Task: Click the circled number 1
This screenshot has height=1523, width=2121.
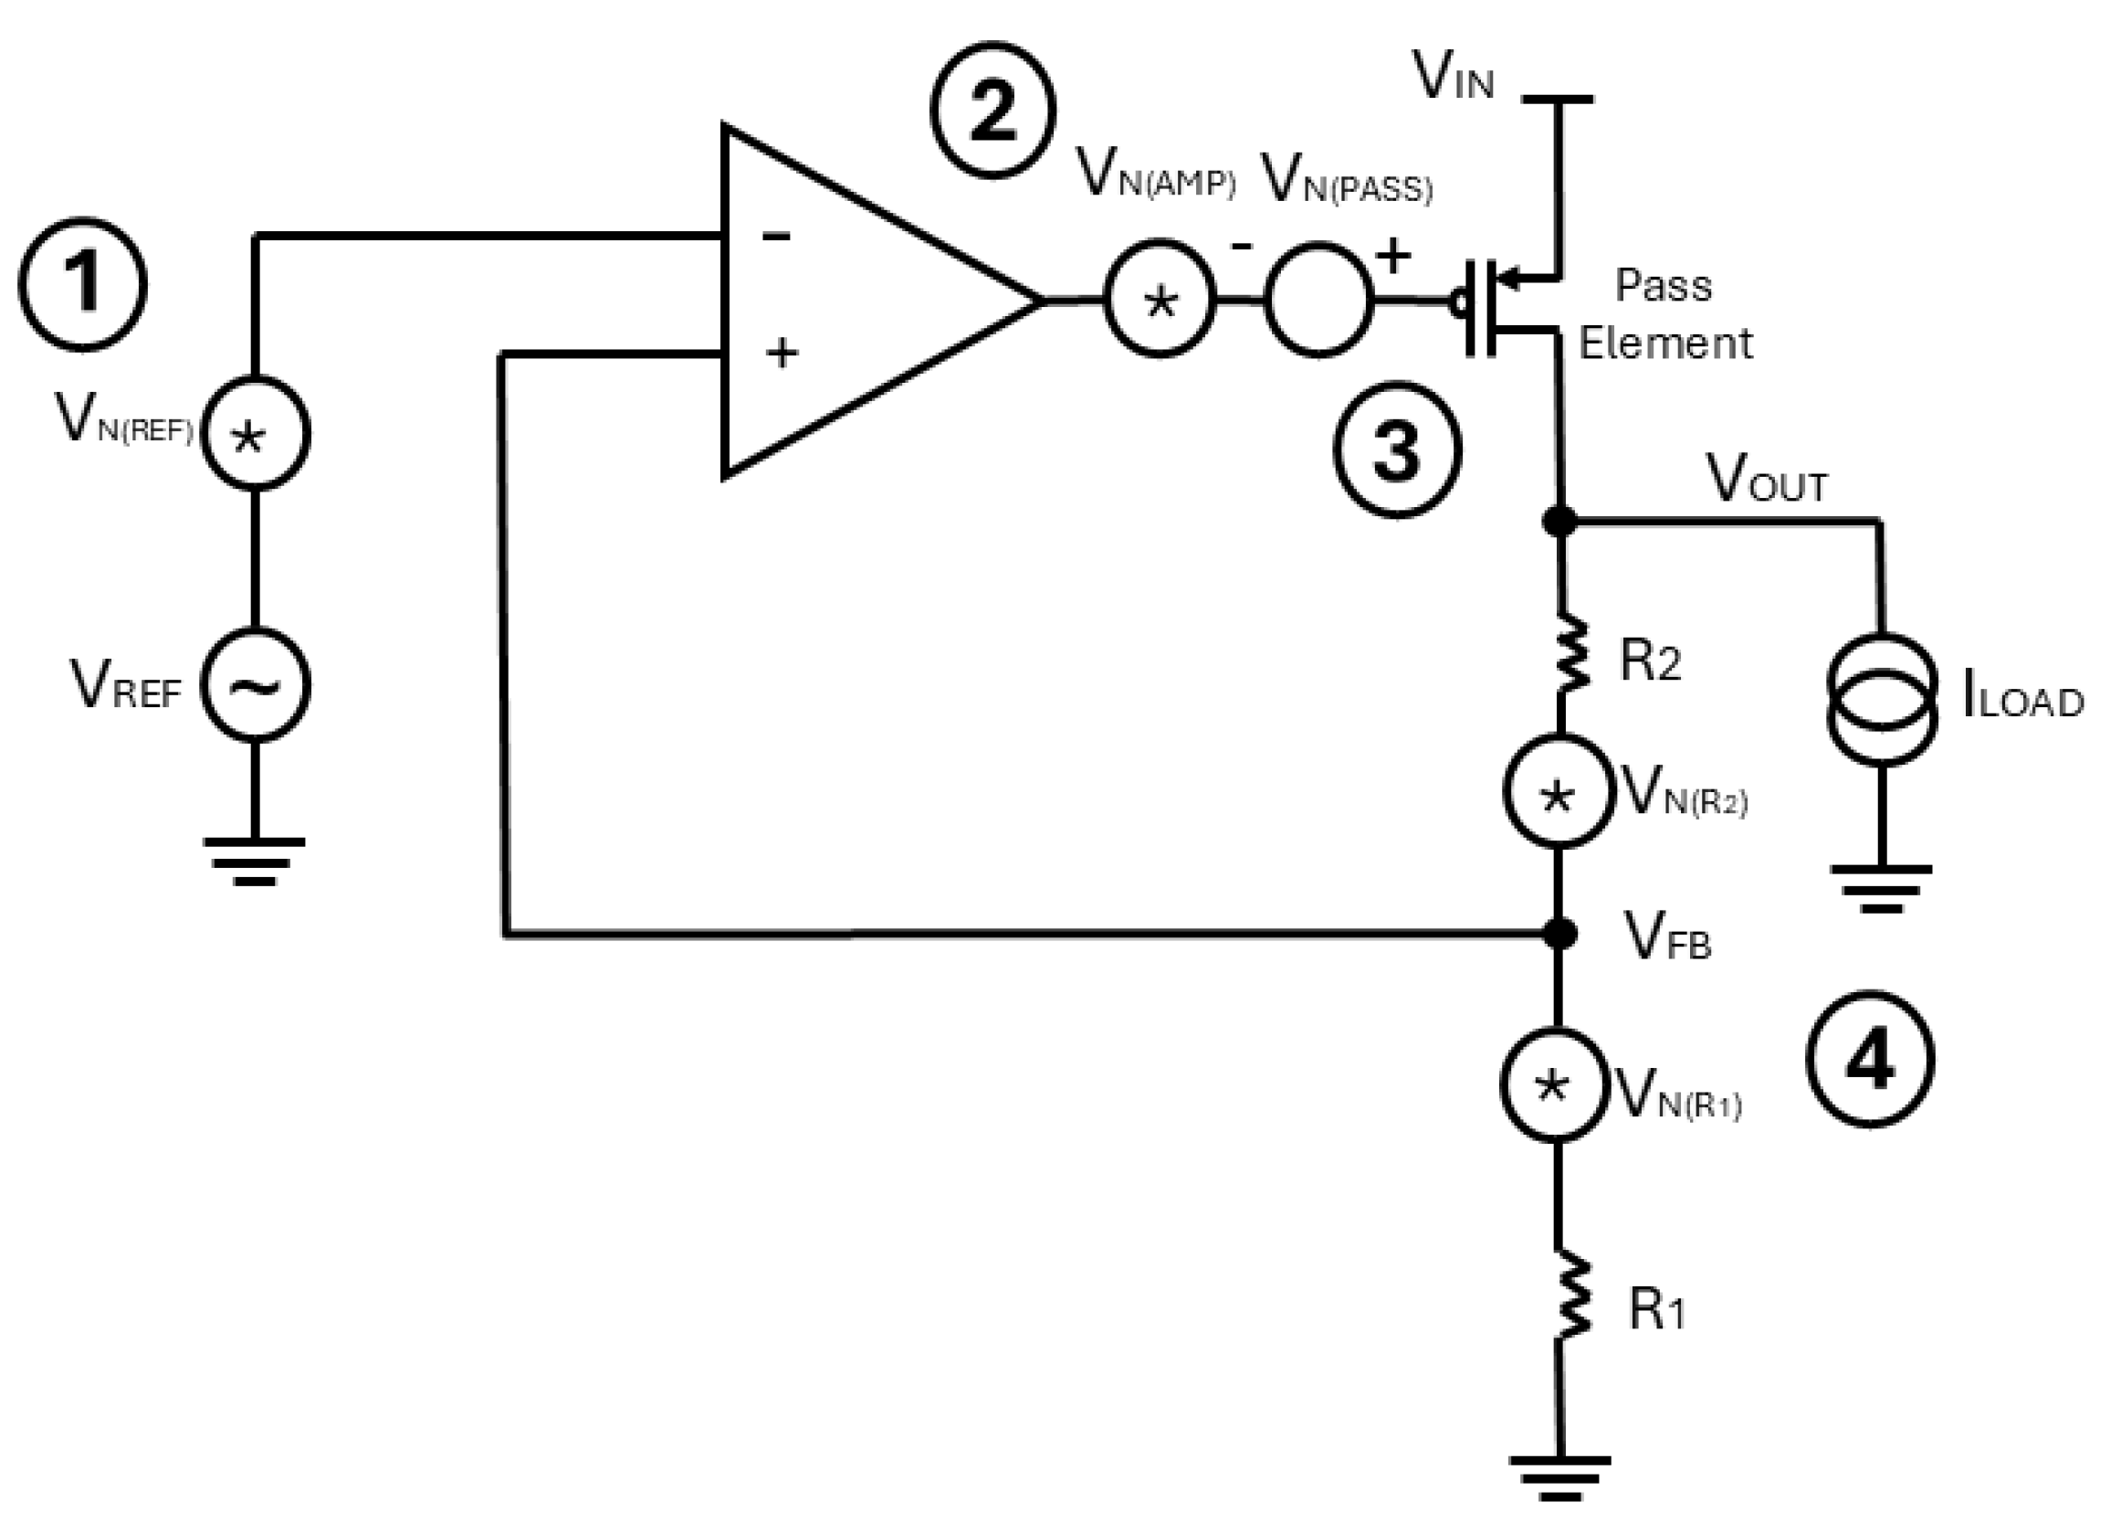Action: click(x=82, y=284)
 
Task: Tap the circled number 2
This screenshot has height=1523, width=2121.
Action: click(x=992, y=111)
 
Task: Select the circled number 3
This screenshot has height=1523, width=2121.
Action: click(x=1396, y=450)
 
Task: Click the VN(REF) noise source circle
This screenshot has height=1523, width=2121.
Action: click(x=256, y=433)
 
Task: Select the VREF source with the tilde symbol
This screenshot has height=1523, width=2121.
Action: click(x=256, y=686)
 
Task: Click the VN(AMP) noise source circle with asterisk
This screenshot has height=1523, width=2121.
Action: click(x=1159, y=300)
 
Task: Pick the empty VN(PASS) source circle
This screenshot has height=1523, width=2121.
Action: click(x=1318, y=300)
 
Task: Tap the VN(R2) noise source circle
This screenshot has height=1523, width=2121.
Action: click(x=1558, y=792)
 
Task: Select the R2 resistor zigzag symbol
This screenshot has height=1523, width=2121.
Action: click(x=1571, y=655)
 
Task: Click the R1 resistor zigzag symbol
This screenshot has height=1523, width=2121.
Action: click(x=1571, y=1298)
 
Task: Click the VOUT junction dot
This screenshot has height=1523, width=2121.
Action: click(x=1559, y=520)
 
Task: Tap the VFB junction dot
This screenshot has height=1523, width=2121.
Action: click(x=1559, y=933)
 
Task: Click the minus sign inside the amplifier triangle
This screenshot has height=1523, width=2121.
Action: click(x=776, y=236)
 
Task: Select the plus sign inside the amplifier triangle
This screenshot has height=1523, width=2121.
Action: click(x=781, y=354)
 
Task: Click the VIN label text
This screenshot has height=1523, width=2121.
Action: click(x=1453, y=77)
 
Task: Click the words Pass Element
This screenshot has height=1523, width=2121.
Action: click(x=1664, y=314)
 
